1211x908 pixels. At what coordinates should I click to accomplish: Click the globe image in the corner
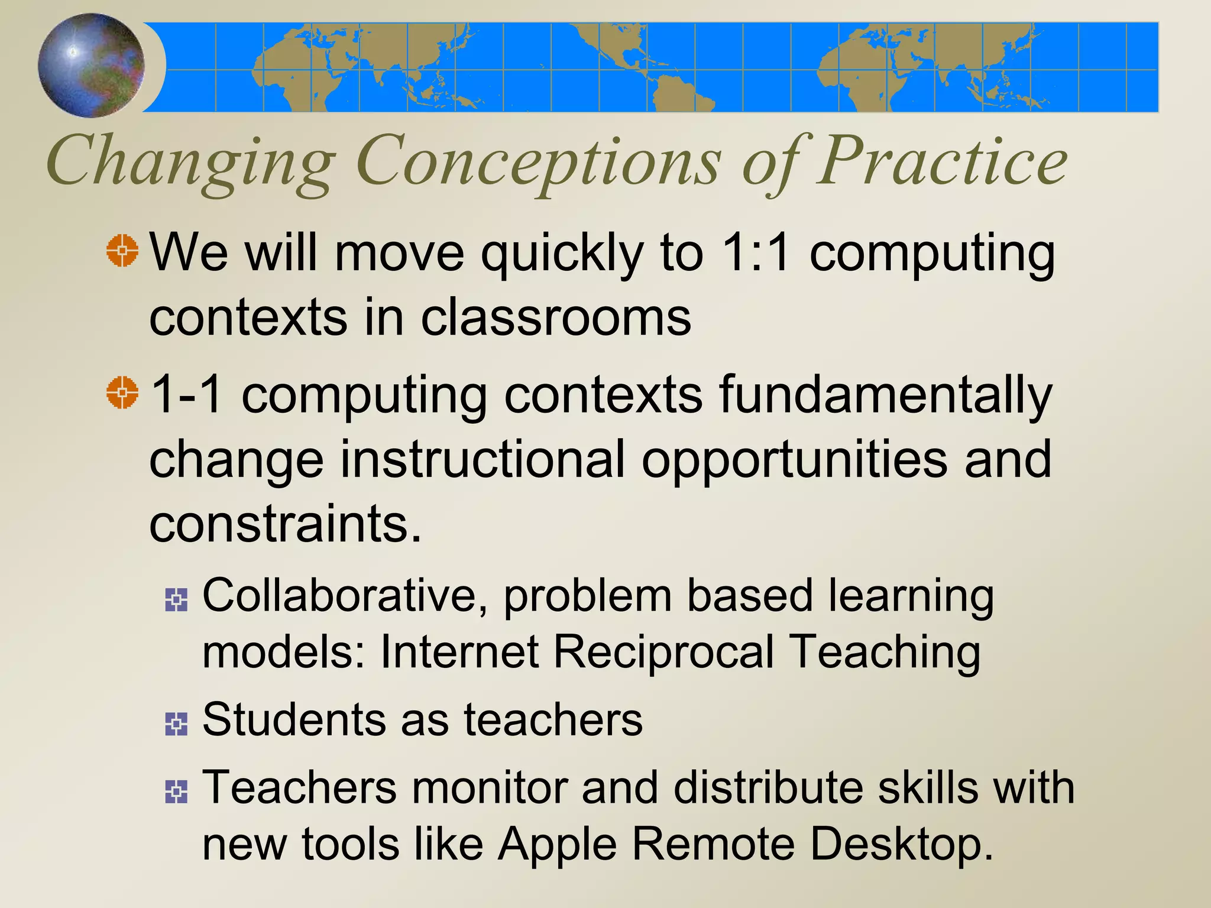click(x=91, y=64)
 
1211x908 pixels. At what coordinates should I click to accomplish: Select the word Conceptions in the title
click(x=538, y=163)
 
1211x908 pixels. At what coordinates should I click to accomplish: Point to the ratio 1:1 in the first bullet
click(x=756, y=253)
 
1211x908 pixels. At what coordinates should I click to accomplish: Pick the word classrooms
click(x=555, y=318)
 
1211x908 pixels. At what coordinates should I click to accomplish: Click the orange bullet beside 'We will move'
click(x=122, y=251)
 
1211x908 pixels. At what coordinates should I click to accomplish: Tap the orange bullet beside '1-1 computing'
click(x=122, y=392)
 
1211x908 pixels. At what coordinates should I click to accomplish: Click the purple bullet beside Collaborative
click(x=176, y=600)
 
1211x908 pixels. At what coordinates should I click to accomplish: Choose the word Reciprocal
click(x=663, y=653)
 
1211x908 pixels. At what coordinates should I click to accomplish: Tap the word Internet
click(x=459, y=653)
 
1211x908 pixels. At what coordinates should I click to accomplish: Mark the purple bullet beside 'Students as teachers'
click(x=176, y=724)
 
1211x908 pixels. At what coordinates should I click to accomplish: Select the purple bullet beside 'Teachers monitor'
click(x=176, y=792)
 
